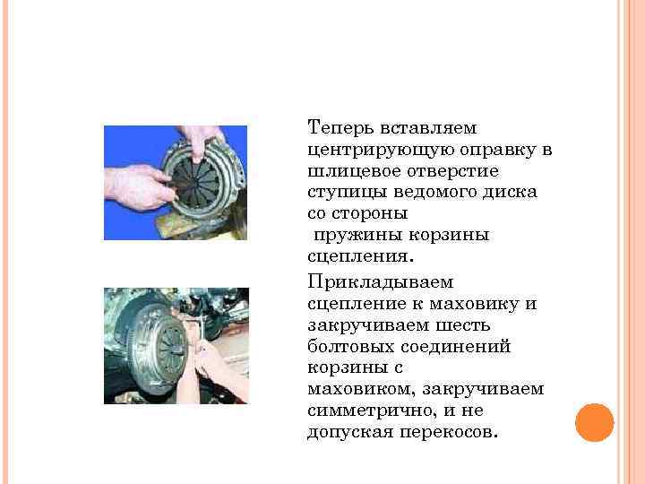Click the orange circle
594,422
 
